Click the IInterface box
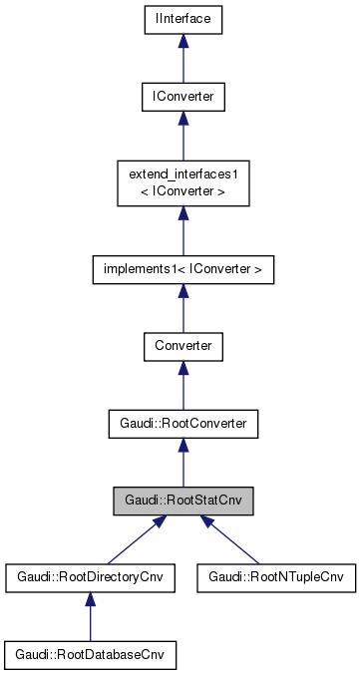(182, 19)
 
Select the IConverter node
(182, 97)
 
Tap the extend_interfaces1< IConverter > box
(182, 182)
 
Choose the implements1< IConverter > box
(182, 268)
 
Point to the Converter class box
(182, 346)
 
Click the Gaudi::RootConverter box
(182, 424)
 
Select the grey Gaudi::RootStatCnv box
(182, 501)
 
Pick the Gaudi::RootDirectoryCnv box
(90, 578)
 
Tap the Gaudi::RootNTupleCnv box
(276, 578)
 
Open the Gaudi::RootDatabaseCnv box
(90, 655)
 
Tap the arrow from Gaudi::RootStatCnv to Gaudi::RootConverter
(182, 464)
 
